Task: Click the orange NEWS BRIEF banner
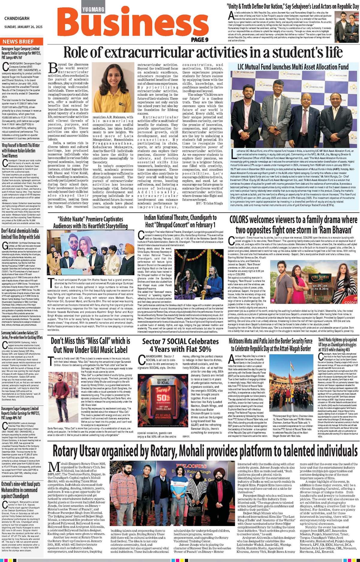pos(18,41)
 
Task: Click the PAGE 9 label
pos(199,40)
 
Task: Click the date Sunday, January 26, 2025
pos(23,27)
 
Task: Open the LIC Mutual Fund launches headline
pos(293,67)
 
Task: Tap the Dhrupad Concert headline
pos(180,221)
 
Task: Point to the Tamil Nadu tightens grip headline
pos(338,345)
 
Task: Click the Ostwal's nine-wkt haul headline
pos(21,490)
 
